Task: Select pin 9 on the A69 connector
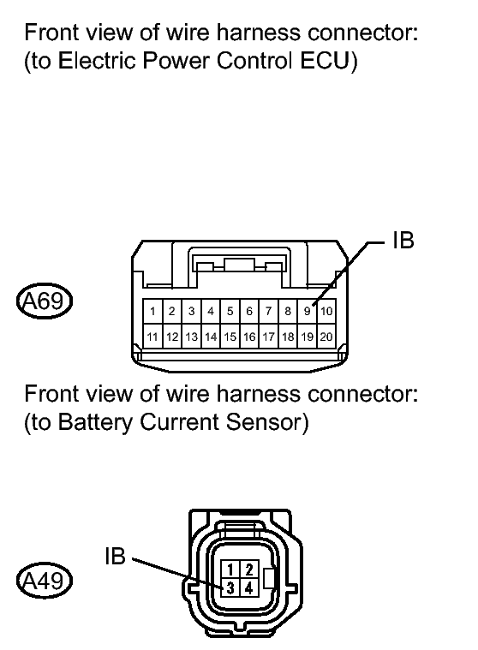pyautogui.click(x=308, y=311)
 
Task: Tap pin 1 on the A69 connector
pyautogui.click(x=152, y=311)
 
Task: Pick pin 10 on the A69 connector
pyautogui.click(x=327, y=311)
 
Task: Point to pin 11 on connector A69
pyautogui.click(x=152, y=337)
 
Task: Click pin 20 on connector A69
pyautogui.click(x=327, y=337)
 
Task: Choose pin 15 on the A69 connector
pyautogui.click(x=230, y=337)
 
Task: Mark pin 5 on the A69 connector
pyautogui.click(x=230, y=311)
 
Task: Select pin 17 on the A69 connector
pyautogui.click(x=268, y=337)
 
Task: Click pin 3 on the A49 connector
pyautogui.click(x=231, y=588)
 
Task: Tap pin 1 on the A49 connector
pyautogui.click(x=231, y=569)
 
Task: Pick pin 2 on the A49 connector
pyautogui.click(x=248, y=569)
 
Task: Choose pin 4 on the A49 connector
pyautogui.click(x=248, y=588)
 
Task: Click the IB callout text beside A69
pyautogui.click(x=403, y=241)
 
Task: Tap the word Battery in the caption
pyautogui.click(x=86, y=423)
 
